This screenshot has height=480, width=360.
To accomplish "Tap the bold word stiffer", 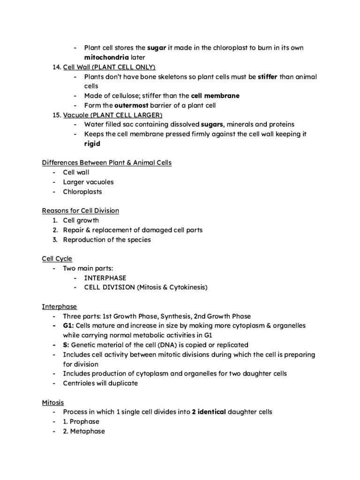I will point(268,76).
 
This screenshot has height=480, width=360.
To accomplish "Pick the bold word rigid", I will point(92,144).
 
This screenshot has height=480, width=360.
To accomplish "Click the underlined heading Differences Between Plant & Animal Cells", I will point(107,163).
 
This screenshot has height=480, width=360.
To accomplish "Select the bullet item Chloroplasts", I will point(82,191).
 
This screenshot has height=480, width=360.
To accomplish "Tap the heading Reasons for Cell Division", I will point(80,210).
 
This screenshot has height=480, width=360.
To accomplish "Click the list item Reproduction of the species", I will point(107,240).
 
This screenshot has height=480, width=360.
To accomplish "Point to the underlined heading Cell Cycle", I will point(57,258).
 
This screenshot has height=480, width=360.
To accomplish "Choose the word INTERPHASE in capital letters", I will point(105,277).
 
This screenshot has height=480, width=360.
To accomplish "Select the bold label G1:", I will point(69,325).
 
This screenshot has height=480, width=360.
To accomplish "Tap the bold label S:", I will point(66,345).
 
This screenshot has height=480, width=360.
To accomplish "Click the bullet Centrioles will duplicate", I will point(101,383).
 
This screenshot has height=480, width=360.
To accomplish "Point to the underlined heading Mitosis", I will point(53,402).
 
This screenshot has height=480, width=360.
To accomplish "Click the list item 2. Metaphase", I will point(84,431).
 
